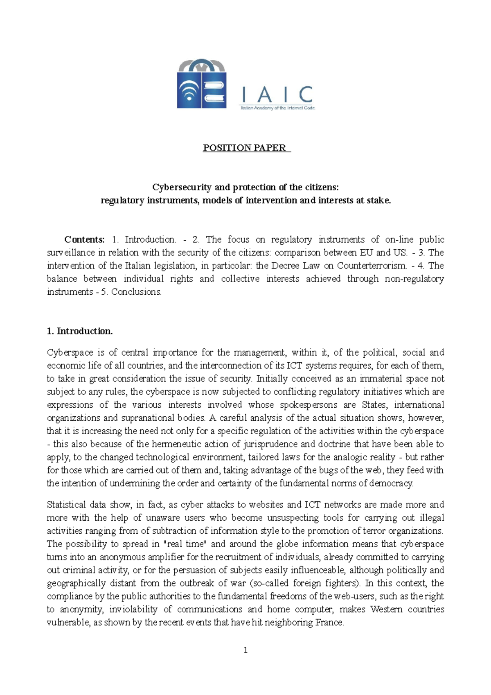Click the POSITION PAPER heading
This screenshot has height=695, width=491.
(245, 148)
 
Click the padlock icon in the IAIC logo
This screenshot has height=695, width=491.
(202, 85)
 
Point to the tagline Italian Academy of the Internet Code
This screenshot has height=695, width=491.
(277, 108)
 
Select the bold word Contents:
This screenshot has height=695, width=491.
(85, 239)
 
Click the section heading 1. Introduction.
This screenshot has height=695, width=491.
(80, 331)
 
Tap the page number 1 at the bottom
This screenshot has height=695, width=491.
(245, 650)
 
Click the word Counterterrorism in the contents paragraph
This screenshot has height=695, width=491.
(372, 266)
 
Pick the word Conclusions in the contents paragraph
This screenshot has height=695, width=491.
(136, 292)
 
